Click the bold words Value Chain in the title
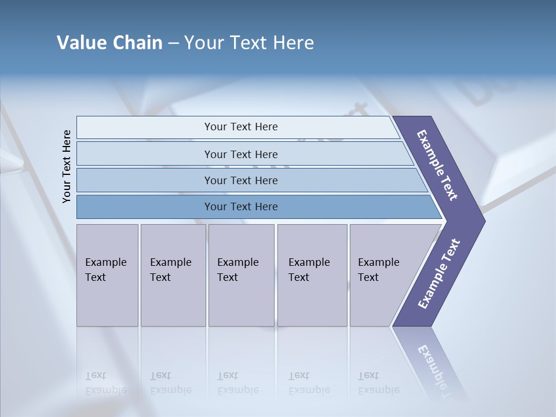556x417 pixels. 109,43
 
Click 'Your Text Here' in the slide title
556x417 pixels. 249,43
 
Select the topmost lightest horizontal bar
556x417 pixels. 145,127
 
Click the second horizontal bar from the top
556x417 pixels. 145,154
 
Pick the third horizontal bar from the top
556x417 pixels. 145,180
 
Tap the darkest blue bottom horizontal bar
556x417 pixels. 145,207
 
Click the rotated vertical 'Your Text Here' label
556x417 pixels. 67,166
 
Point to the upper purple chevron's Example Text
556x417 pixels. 437,165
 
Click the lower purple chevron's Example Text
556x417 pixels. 438,274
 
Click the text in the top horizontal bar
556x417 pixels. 241,127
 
